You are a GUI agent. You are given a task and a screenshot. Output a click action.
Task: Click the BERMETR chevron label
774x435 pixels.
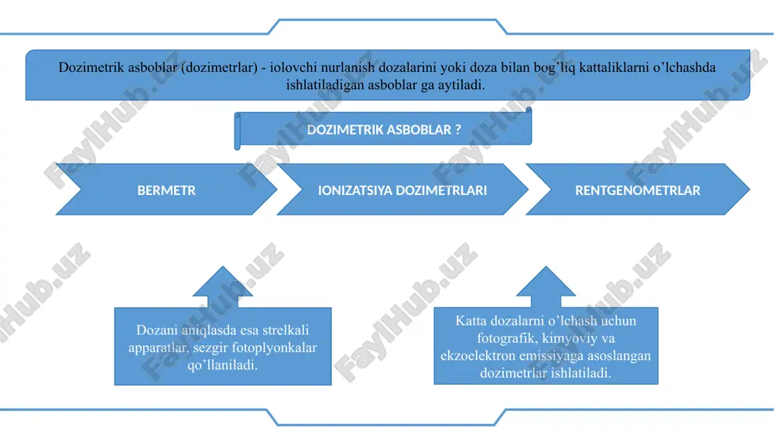pos(166,190)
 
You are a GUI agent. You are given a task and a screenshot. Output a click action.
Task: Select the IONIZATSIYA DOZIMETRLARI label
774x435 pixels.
pos(402,190)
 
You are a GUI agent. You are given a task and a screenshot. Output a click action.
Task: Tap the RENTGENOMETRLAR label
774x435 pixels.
pos(637,190)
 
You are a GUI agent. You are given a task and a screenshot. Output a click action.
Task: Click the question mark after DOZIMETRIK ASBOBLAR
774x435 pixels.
pos(458,129)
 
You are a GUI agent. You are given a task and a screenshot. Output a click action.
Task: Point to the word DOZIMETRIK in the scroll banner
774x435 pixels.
pos(345,130)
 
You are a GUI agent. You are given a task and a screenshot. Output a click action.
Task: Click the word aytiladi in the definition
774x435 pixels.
pos(461,85)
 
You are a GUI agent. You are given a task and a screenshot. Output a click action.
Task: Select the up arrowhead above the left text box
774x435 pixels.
pos(223,282)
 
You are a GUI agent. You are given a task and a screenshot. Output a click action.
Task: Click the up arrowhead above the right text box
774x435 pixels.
pos(546,282)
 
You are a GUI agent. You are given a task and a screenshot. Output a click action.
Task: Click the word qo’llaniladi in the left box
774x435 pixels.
pos(223,365)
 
